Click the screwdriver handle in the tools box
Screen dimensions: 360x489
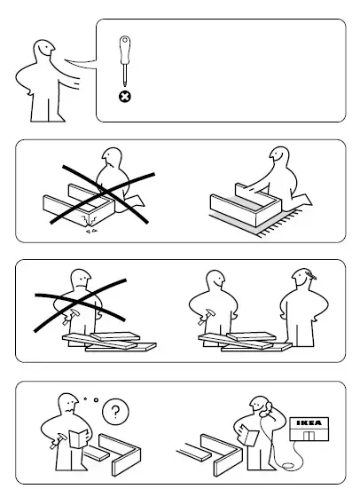(125, 50)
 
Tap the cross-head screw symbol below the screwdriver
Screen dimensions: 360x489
(125, 97)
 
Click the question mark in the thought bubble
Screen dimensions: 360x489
(115, 412)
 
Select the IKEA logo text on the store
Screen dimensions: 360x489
(309, 423)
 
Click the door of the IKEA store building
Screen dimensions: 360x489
(309, 436)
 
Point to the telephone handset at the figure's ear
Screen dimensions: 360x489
(266, 410)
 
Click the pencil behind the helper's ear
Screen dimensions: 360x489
(311, 275)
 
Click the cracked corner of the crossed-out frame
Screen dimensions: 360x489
(90, 220)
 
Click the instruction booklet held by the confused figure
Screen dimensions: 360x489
(78, 438)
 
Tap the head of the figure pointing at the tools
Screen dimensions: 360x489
(44, 49)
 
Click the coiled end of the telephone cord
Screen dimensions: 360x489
(288, 466)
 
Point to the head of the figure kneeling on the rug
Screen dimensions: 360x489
(280, 155)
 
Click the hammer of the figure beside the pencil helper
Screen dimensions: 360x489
(206, 317)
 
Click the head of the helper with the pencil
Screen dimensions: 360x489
(301, 278)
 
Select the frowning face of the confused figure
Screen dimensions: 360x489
(70, 406)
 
